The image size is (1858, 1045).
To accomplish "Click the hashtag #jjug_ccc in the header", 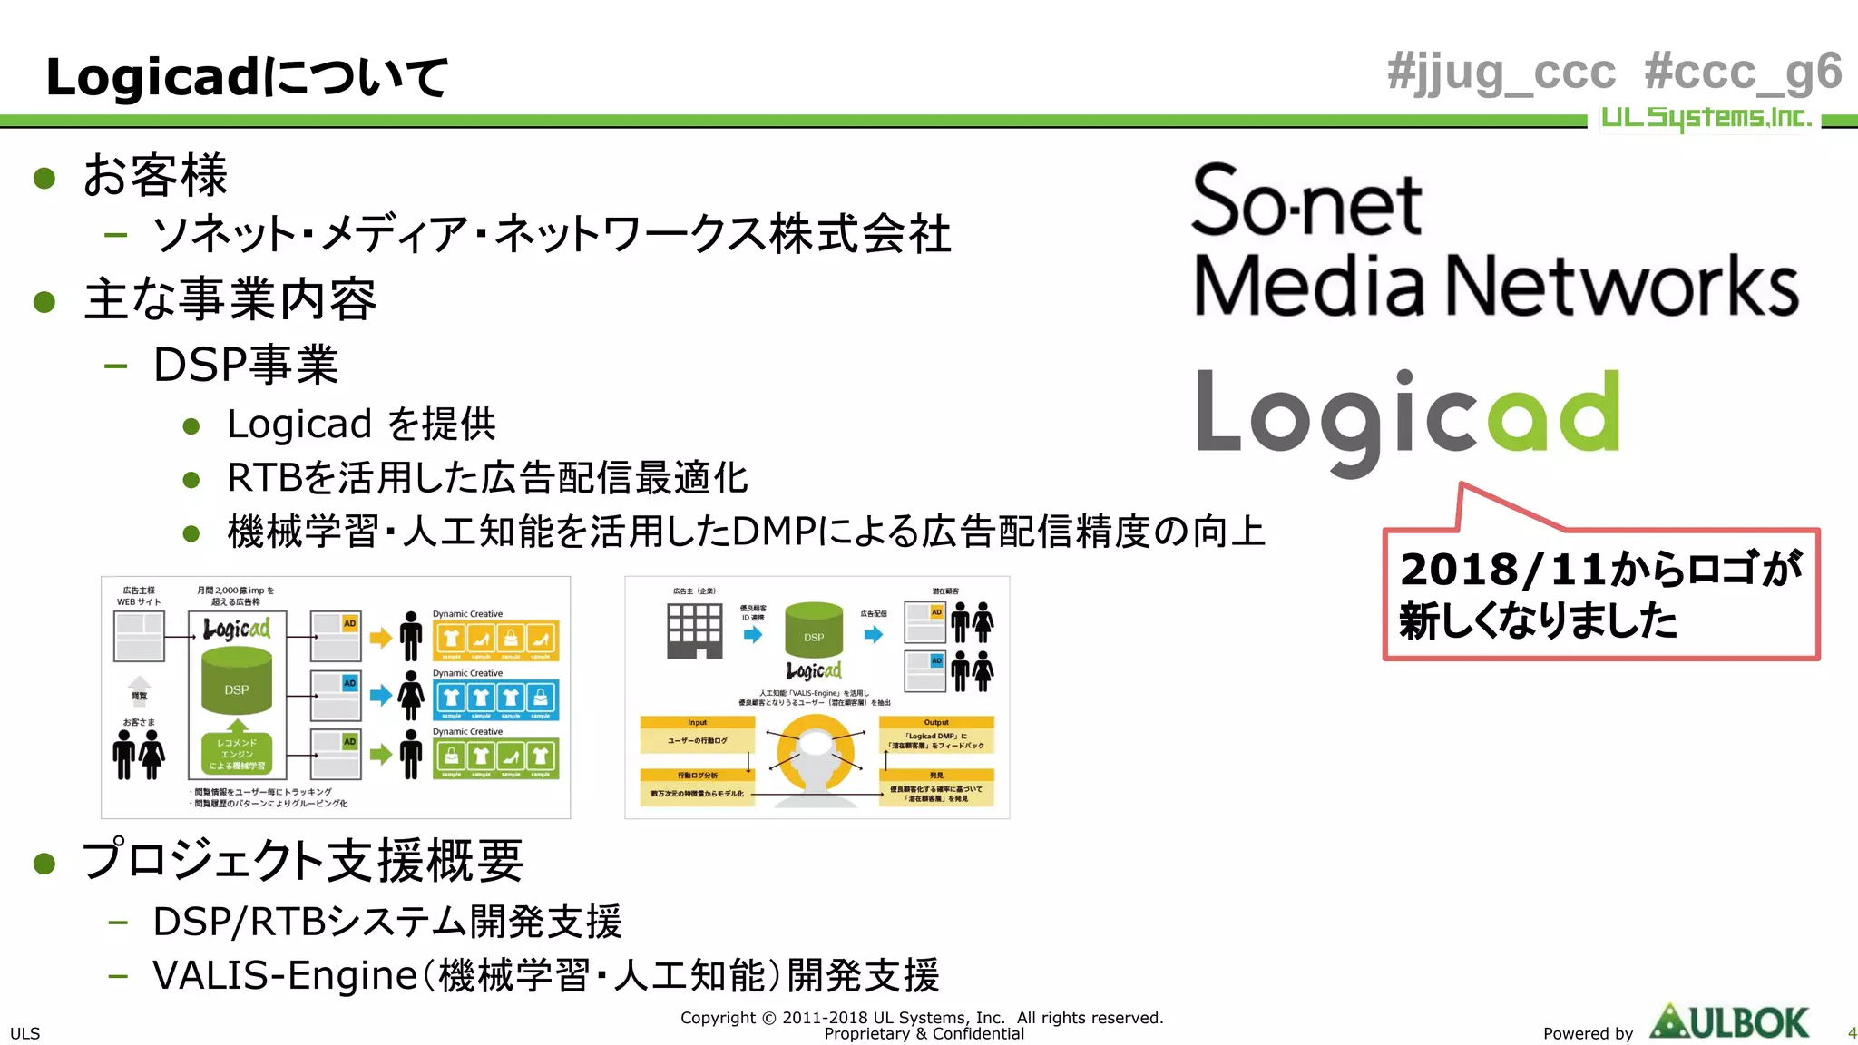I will (1501, 73).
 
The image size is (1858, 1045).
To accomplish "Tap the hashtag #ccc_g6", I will (1742, 73).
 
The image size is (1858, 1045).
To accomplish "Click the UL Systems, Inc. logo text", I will (1706, 118).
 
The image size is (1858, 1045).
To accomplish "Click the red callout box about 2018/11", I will (1600, 594).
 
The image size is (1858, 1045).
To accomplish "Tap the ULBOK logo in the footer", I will (1729, 1022).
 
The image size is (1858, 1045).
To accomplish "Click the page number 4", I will (1852, 1033).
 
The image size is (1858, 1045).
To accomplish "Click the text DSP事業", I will (246, 365).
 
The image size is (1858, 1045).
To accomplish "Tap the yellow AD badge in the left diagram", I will (349, 623).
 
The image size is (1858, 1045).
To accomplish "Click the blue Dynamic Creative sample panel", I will (495, 699).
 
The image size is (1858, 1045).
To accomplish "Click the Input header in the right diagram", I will (697, 722).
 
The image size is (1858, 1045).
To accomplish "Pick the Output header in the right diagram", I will (936, 722).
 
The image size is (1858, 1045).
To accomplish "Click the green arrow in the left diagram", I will (381, 754).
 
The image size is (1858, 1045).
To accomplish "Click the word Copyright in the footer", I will (718, 1018).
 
